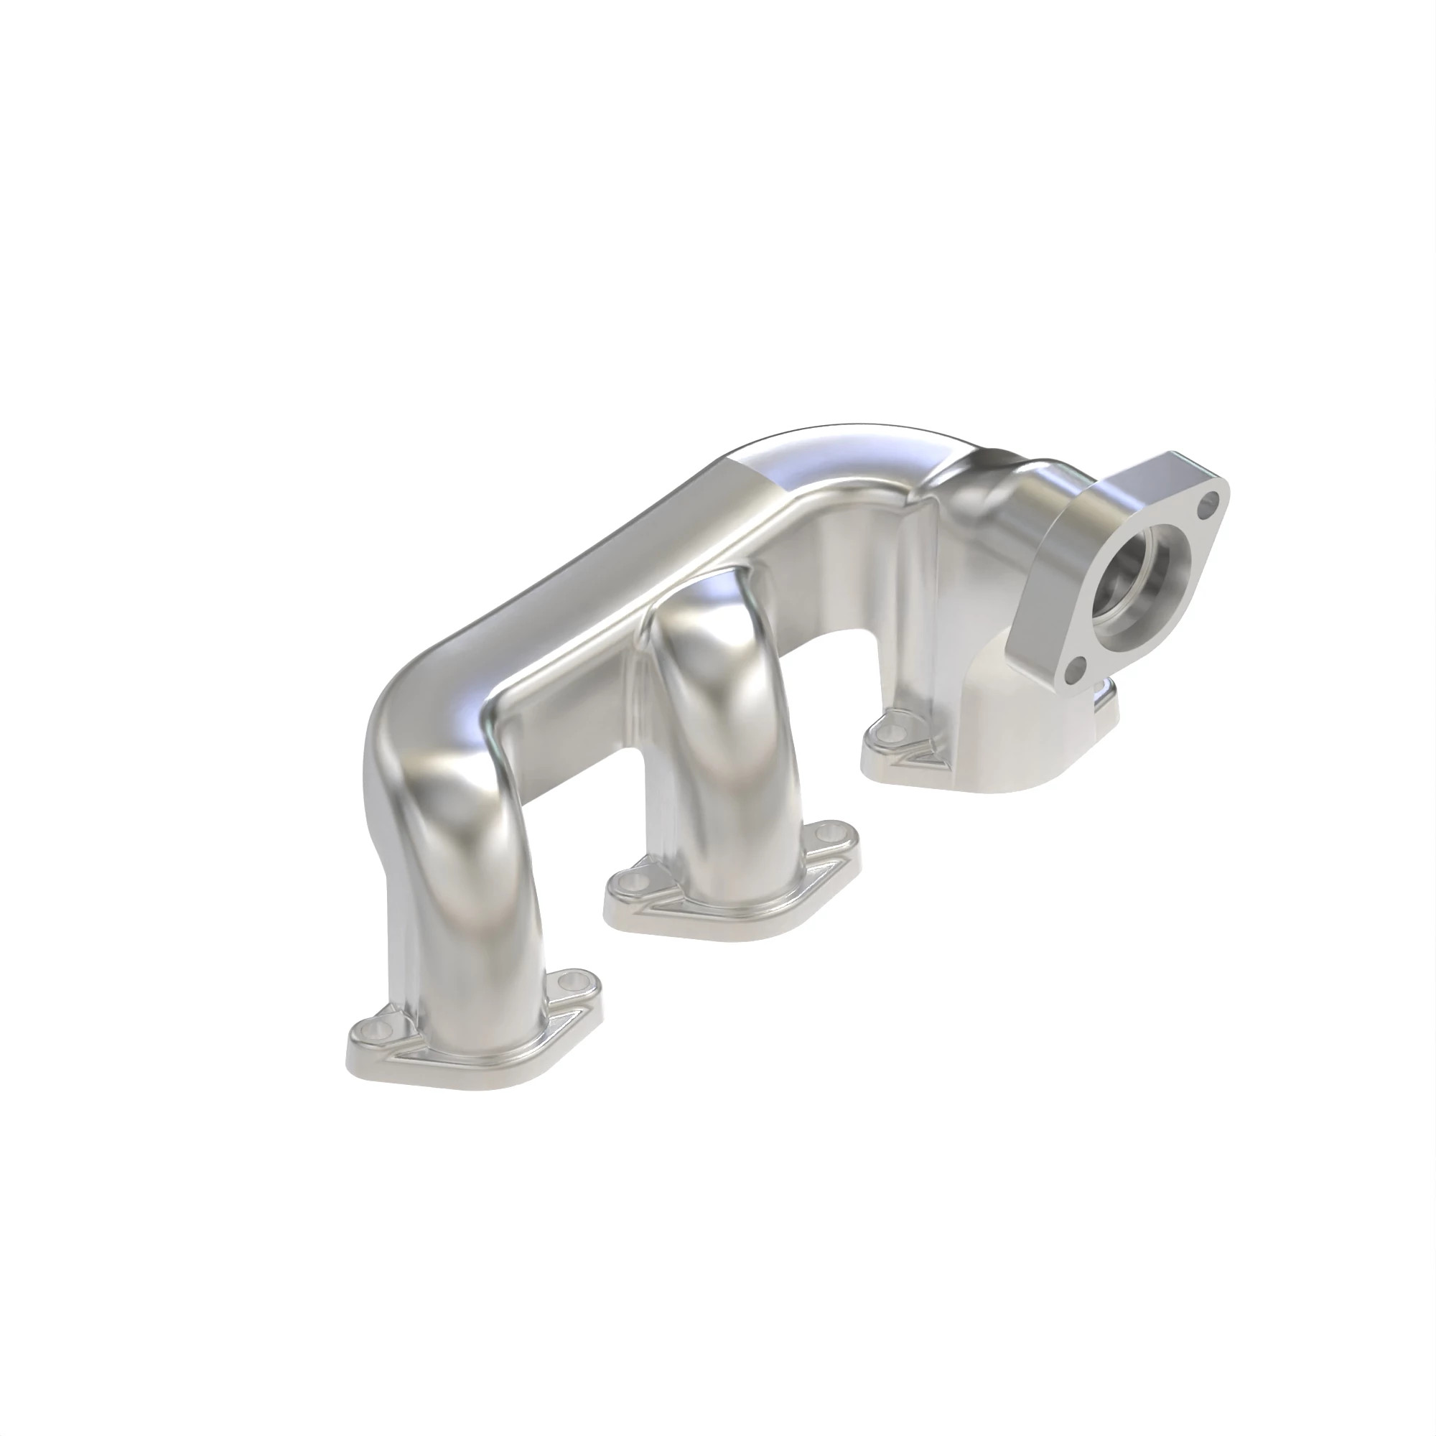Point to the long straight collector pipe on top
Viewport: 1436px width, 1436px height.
pos(595,565)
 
